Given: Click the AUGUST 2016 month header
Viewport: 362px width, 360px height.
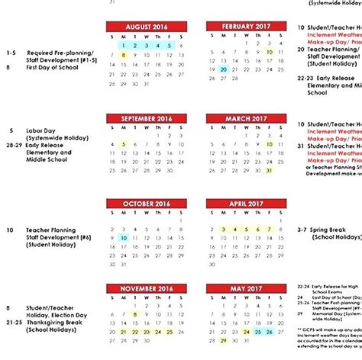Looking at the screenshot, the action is click(146, 26).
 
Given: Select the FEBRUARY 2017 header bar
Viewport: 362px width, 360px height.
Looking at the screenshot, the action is click(245, 26).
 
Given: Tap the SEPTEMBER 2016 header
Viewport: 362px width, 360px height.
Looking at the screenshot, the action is click(146, 119).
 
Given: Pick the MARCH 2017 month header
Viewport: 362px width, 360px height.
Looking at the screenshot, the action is click(245, 119).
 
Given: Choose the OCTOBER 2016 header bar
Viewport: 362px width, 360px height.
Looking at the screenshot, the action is click(146, 204).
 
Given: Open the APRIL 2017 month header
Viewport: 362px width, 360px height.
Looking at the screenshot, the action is click(245, 204).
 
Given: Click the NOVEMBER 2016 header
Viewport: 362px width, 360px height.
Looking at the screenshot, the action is click(146, 289).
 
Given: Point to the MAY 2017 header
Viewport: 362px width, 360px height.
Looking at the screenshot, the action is click(245, 289).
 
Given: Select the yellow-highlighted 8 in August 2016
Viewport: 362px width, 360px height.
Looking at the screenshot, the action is click(124, 55).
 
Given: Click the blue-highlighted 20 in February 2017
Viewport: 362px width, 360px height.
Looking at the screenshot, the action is click(223, 69).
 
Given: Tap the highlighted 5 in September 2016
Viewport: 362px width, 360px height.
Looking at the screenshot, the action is click(124, 143).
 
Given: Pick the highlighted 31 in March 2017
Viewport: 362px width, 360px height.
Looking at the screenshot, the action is click(269, 170).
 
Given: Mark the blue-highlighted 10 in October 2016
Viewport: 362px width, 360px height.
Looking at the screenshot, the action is click(124, 237).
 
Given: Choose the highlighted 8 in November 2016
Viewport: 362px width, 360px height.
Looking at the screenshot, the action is click(135, 313).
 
